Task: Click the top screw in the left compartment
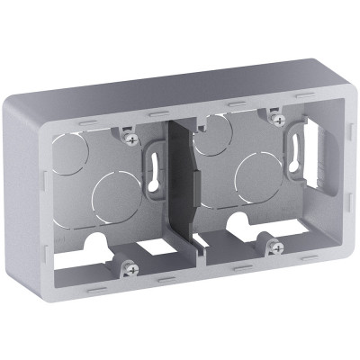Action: click(132, 139)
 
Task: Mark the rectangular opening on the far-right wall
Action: click(318, 145)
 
